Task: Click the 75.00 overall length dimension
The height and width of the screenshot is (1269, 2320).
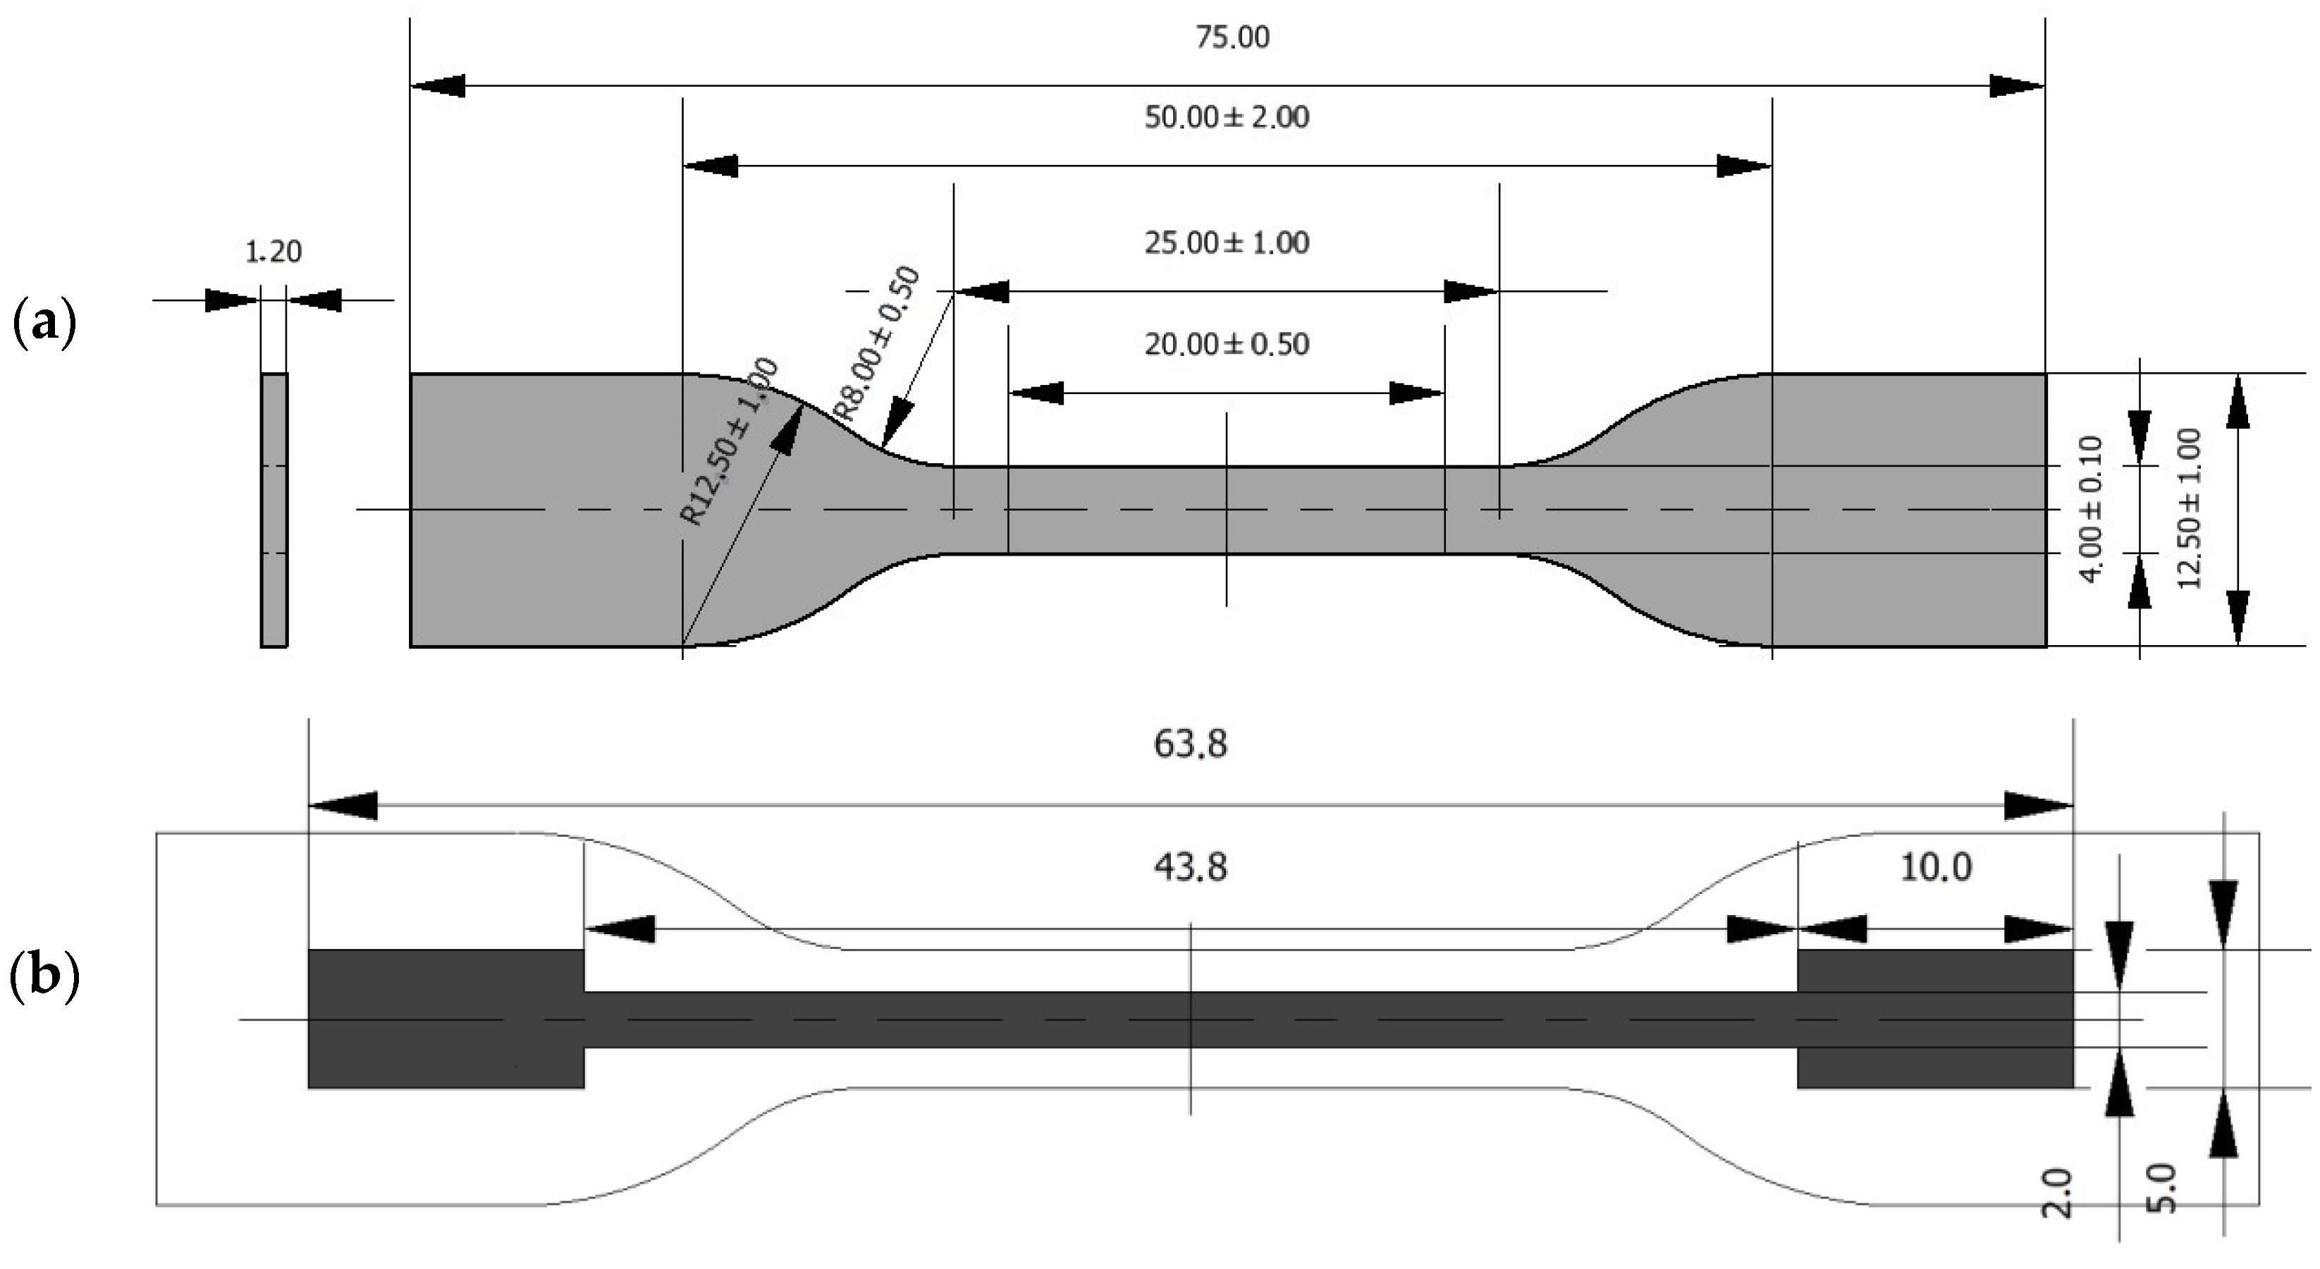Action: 1232,38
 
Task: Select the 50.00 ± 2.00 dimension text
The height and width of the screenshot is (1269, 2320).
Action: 1227,118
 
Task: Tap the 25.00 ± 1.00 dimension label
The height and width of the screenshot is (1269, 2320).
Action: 1227,243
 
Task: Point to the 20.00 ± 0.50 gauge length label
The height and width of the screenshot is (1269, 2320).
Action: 1227,344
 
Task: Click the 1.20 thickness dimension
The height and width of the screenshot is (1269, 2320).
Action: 273,252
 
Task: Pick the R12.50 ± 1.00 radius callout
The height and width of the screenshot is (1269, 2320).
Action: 730,441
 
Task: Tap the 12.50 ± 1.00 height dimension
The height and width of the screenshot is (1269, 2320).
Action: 2188,508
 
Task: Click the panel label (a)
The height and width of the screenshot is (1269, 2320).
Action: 43,324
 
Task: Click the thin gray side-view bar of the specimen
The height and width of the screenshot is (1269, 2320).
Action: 274,510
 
